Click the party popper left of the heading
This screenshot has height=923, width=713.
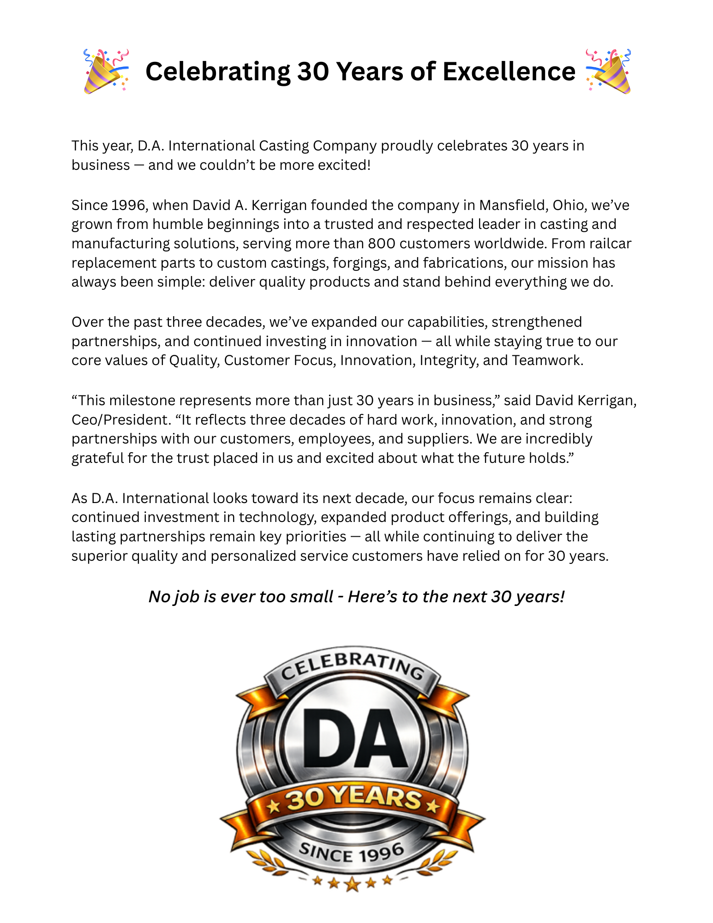pos(106,72)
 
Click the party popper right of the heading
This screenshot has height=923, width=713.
pos(608,72)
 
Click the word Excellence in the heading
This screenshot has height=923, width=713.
pos(509,72)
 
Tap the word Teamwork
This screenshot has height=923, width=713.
pos(547,360)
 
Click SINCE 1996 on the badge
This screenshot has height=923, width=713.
pos(352,853)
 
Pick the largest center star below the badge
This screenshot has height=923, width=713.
pos(352,884)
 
